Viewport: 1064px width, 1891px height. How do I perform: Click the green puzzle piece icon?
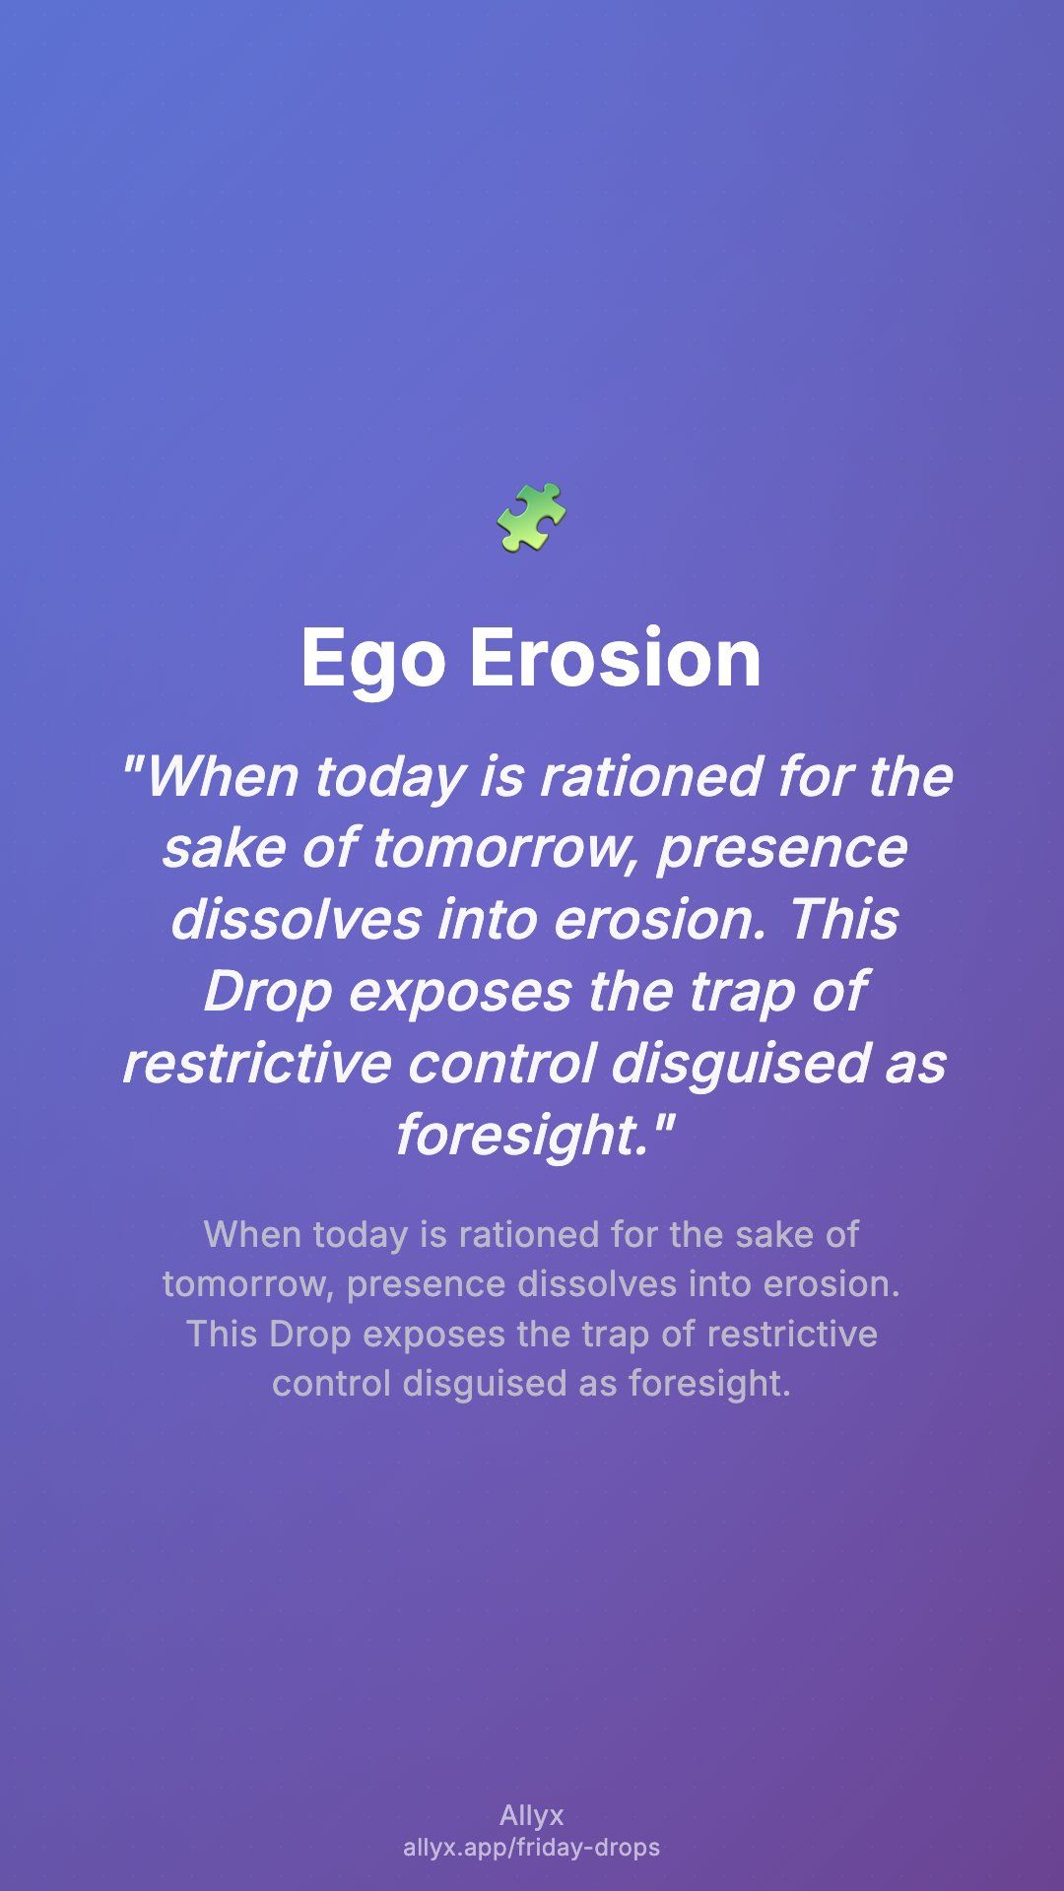point(532,517)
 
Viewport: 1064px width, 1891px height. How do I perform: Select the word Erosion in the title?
point(616,658)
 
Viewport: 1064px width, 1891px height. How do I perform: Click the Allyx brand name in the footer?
point(532,1815)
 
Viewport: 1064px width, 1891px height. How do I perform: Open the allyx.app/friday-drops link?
point(532,1847)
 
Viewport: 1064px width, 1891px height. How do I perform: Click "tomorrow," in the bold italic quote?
point(506,848)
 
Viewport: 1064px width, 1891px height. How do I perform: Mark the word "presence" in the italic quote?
point(782,850)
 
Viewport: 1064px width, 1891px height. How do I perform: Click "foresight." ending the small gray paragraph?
point(709,1385)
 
